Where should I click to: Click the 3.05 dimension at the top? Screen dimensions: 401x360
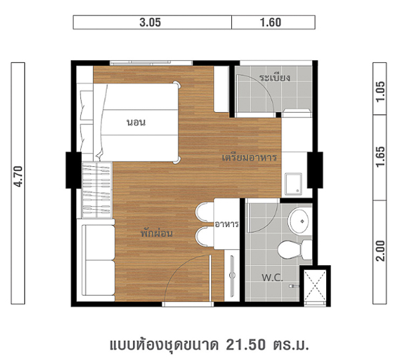tap(150, 23)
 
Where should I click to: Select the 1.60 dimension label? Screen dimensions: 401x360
tap(271, 23)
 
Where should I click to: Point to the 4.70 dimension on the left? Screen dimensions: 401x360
tap(18, 176)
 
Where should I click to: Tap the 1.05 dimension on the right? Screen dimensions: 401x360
tap(380, 92)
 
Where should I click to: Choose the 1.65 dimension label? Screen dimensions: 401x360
tap(380, 156)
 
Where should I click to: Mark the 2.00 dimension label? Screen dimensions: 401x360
tap(380, 250)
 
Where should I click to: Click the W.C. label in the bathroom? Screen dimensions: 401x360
tap(272, 277)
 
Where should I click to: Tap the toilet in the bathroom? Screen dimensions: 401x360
tap(295, 249)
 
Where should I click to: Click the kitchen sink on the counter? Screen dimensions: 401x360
tap(293, 184)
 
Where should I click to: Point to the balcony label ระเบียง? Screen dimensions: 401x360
tap(275, 77)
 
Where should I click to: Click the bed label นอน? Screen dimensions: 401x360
tap(136, 122)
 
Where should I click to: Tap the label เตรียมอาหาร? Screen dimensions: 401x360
tap(249, 158)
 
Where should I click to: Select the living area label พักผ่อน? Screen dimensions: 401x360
tap(156, 233)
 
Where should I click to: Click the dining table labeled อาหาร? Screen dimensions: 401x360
tap(227, 224)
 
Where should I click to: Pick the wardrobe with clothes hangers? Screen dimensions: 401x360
tap(97, 190)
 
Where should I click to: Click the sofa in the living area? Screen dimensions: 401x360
tap(98, 260)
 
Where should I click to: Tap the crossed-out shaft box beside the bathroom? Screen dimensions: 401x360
tap(315, 286)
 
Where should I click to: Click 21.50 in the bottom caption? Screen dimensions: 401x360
tap(245, 345)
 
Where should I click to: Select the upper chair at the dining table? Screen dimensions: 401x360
tap(205, 212)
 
